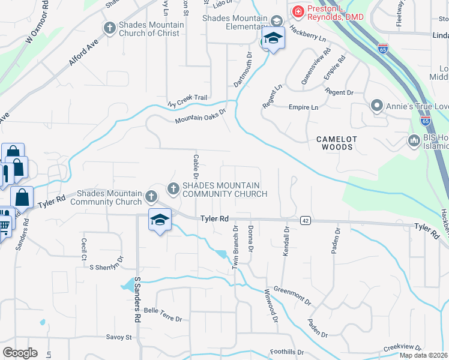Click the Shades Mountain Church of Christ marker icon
[109, 28]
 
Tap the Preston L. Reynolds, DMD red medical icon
[297, 11]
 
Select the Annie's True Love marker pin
[377, 106]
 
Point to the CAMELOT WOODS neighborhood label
[337, 143]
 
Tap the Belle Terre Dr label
[163, 314]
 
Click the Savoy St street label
[119, 337]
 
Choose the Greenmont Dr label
[292, 295]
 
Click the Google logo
[20, 353]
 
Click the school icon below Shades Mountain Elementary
[273, 39]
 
